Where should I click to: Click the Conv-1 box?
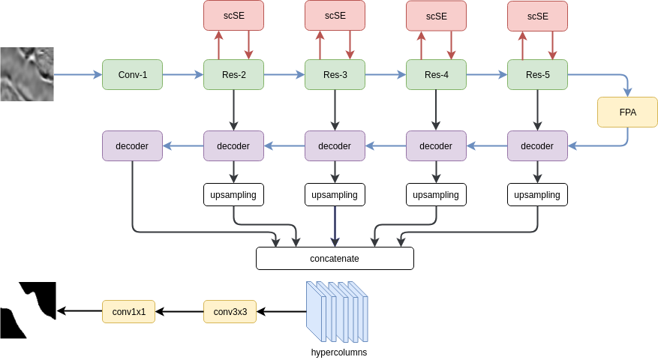point(132,75)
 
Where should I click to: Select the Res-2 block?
point(234,75)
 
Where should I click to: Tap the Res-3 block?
point(335,75)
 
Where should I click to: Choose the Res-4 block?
point(436,75)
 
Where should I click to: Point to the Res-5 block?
point(537,75)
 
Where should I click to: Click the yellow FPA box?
point(627,112)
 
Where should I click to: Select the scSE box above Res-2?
point(234,16)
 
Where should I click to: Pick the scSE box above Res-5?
point(537,16)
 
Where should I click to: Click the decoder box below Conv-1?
point(132,145)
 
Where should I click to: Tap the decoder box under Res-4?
point(436,145)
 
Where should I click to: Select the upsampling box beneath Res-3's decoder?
point(335,195)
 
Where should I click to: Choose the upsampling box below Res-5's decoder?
point(537,195)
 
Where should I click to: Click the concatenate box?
point(335,259)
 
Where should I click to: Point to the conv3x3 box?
point(230,312)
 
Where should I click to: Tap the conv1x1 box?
point(129,312)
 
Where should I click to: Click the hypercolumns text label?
point(339,352)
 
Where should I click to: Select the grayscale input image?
point(27,74)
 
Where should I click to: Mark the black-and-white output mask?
point(28,310)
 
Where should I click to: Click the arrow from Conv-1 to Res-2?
point(183,75)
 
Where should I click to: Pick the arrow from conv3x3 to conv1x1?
point(179,312)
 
